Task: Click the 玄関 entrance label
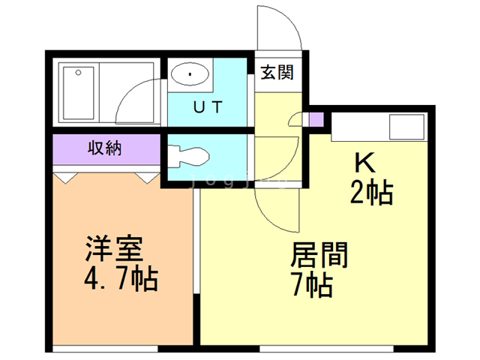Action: coord(277,73)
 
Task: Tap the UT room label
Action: coord(207,107)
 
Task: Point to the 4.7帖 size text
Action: coord(120,280)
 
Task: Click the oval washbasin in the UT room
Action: coord(190,74)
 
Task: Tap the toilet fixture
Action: coord(187,157)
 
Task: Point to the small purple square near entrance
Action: coord(316,118)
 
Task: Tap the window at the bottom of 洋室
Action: coord(105,348)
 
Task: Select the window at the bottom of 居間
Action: coord(326,348)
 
